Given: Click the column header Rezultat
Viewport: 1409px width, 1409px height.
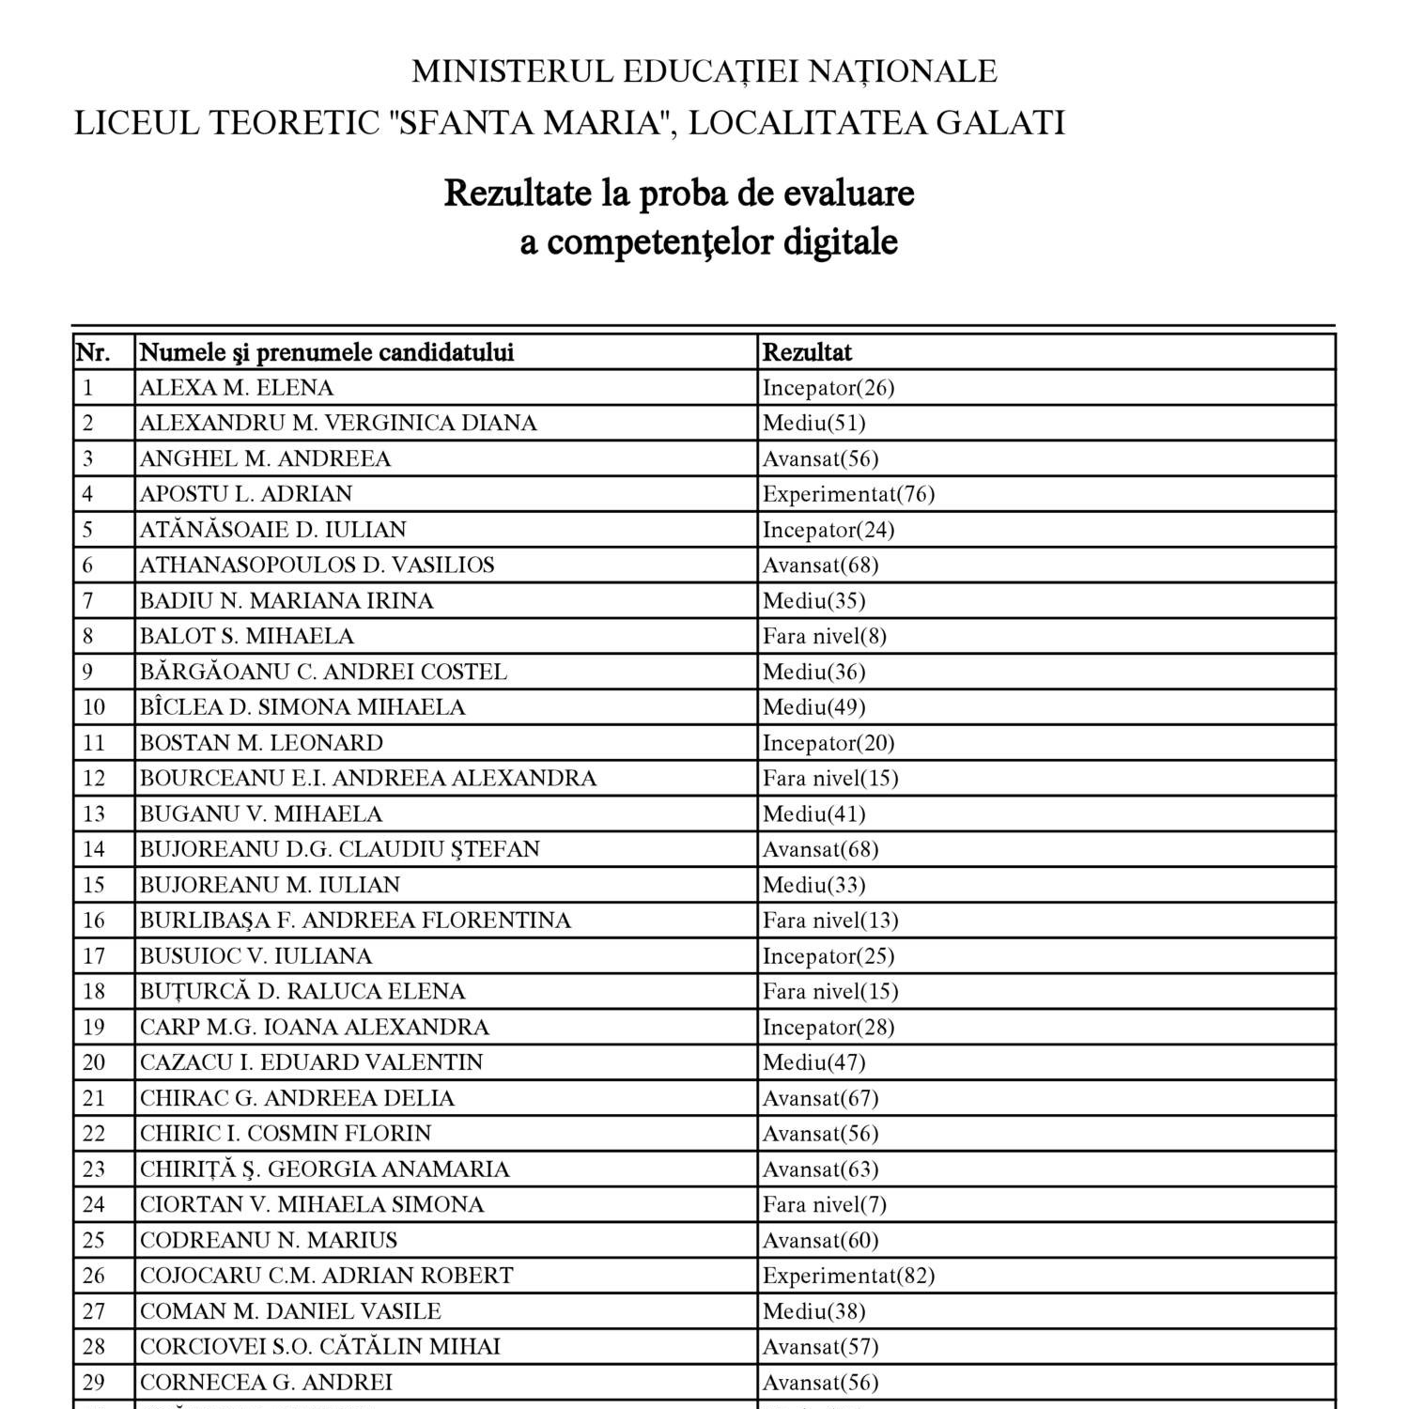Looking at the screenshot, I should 807,352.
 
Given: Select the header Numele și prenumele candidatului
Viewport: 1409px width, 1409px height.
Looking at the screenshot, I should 326,352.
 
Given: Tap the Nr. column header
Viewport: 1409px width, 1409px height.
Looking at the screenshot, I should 93,352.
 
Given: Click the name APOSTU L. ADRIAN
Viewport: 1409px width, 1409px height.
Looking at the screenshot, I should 246,494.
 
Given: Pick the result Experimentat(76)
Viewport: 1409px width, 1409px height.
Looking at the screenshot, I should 848,494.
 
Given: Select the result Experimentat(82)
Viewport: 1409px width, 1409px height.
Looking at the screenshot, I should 848,1276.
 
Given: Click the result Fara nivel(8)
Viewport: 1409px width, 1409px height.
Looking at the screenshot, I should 824,636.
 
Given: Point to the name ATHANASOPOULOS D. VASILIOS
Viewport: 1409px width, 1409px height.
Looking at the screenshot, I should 317,565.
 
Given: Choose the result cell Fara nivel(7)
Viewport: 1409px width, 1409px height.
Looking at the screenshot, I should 824,1204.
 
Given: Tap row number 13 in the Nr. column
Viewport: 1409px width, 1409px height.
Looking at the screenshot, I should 94,813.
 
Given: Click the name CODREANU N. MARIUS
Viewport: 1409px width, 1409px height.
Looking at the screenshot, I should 268,1240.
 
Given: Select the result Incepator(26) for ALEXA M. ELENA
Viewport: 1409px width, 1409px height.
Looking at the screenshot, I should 828,388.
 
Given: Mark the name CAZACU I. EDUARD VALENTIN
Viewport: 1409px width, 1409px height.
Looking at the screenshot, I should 311,1062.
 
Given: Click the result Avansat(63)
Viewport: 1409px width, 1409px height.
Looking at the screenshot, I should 820,1169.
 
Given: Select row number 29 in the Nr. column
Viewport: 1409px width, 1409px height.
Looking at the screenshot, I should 94,1382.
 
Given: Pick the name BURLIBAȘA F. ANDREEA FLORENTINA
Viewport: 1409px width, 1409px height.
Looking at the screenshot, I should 355,921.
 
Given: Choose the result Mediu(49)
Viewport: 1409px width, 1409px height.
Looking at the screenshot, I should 813,707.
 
